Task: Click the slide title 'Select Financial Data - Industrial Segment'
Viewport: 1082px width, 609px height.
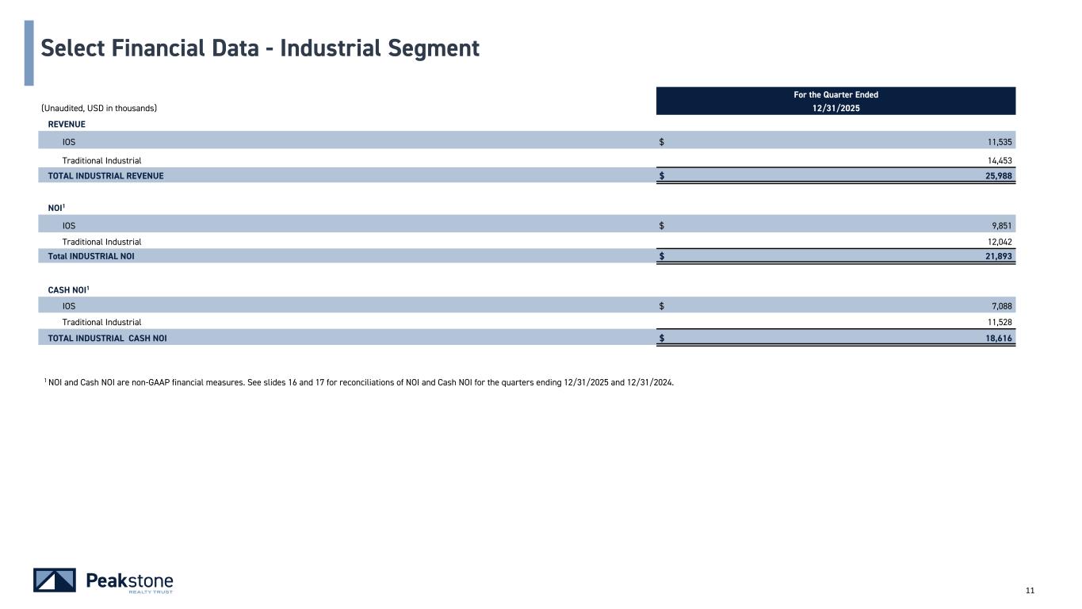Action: point(260,49)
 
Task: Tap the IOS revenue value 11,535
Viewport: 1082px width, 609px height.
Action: point(1000,142)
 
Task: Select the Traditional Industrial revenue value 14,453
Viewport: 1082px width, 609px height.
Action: point(1000,160)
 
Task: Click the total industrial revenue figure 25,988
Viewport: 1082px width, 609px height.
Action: point(999,176)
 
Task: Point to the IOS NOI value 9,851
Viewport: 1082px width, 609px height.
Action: point(1002,226)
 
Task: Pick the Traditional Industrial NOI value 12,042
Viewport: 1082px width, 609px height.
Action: point(1000,242)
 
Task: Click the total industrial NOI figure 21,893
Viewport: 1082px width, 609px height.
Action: point(999,256)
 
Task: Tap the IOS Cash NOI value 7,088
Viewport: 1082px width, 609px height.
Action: point(1002,306)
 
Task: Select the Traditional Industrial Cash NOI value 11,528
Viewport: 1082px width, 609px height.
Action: point(1000,322)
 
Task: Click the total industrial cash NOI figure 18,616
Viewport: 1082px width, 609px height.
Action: point(999,339)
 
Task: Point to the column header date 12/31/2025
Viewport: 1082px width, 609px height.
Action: point(835,109)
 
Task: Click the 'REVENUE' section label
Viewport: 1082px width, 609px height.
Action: point(67,124)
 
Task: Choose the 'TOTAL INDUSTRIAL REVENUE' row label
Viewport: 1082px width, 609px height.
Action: point(105,176)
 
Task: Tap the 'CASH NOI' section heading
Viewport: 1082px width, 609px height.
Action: point(68,290)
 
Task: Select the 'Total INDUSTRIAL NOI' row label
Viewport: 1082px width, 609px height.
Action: point(91,256)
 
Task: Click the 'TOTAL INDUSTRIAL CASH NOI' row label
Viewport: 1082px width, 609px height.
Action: point(107,339)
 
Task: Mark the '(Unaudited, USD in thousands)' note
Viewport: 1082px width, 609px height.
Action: point(99,109)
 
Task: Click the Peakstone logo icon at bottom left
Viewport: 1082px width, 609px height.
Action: point(55,580)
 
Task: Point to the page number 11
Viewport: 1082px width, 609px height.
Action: point(1030,591)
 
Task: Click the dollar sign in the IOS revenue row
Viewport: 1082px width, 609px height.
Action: point(662,142)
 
